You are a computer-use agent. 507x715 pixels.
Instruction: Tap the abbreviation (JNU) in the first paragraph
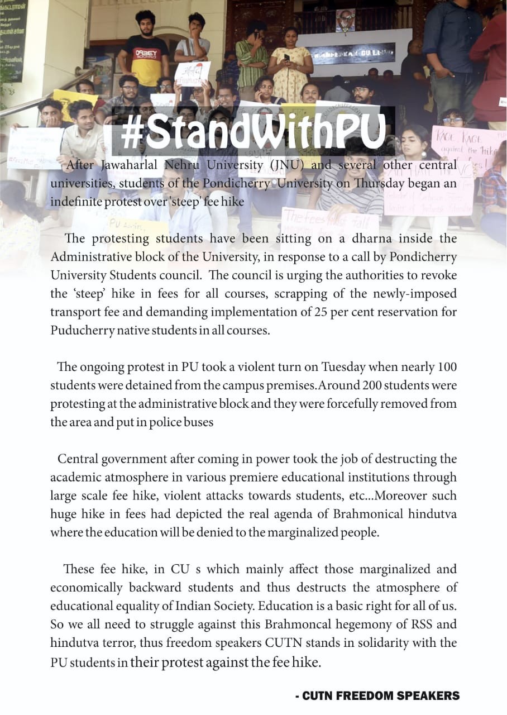click(286, 165)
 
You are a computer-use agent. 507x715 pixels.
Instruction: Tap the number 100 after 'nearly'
click(447, 367)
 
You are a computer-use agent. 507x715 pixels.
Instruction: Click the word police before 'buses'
click(169, 422)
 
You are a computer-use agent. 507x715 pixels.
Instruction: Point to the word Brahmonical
click(334, 514)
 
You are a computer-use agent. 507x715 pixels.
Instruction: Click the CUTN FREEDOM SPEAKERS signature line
click(377, 695)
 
